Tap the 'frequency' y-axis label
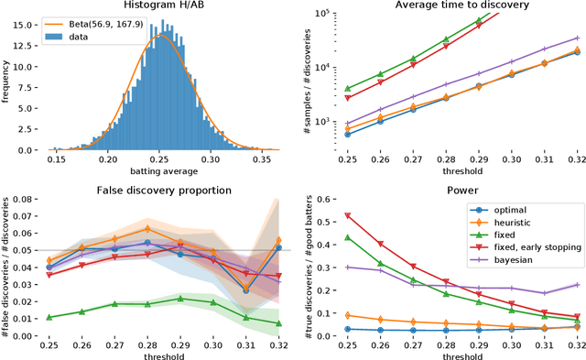(8, 79)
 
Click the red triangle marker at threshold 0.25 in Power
(347, 216)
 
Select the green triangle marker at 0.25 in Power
(347, 237)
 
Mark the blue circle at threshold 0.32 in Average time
(577, 52)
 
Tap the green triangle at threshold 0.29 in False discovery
(180, 299)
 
